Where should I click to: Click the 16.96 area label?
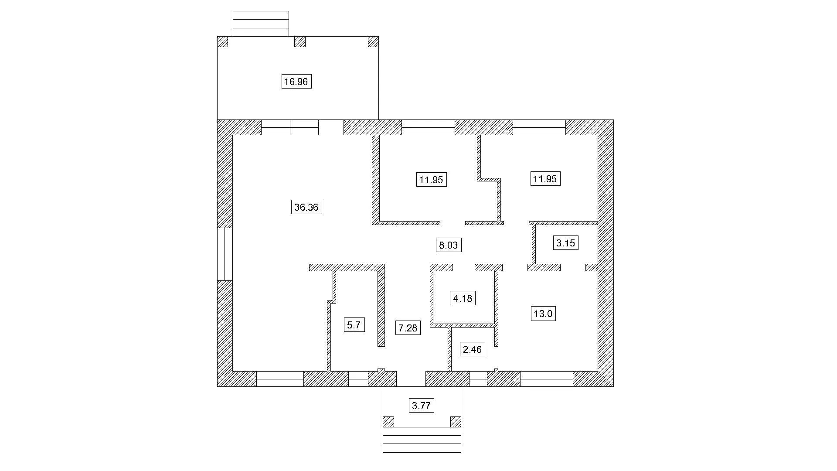(x=296, y=82)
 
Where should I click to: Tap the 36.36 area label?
(x=306, y=207)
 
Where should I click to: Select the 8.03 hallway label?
(x=449, y=245)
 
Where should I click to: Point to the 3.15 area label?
(x=566, y=243)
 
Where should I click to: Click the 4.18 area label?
(x=463, y=298)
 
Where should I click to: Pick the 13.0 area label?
(x=543, y=314)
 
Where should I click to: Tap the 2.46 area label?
(x=473, y=349)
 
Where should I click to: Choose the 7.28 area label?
(x=408, y=328)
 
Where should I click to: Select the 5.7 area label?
(x=354, y=325)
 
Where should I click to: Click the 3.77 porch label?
(x=422, y=406)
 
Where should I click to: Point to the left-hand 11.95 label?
(x=432, y=180)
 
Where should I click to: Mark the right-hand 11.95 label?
(x=545, y=179)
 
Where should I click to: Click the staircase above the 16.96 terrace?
(x=261, y=24)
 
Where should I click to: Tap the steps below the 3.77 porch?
(x=422, y=440)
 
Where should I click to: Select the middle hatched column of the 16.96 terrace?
(x=300, y=41)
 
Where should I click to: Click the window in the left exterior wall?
(x=225, y=254)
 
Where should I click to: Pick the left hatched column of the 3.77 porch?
(x=388, y=422)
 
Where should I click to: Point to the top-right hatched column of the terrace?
(x=374, y=41)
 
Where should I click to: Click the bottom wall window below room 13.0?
(x=547, y=379)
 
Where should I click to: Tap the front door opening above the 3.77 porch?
(x=411, y=379)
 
